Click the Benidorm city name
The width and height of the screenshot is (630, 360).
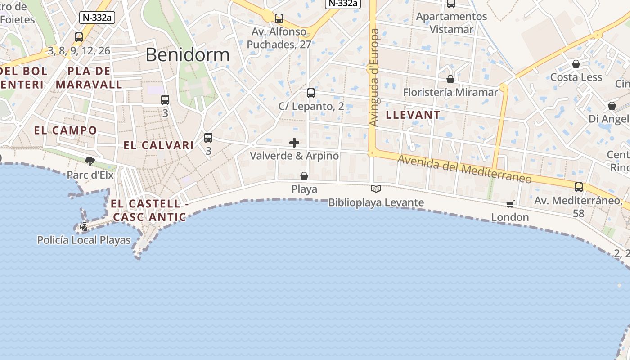[188, 55]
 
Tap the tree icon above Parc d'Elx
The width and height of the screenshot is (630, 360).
[90, 161]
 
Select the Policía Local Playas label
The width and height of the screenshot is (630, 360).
[84, 240]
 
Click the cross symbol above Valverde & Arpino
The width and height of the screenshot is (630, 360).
[294, 143]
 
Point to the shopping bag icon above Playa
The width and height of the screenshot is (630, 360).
[304, 175]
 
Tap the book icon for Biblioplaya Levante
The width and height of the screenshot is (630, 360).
[376, 189]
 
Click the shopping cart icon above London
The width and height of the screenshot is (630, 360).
[510, 204]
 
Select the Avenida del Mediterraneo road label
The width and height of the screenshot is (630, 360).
[464, 169]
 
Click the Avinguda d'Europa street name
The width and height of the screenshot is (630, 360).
[374, 77]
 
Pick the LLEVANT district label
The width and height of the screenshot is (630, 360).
[413, 115]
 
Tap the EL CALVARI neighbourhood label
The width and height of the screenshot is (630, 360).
[159, 145]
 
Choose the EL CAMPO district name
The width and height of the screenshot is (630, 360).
[66, 130]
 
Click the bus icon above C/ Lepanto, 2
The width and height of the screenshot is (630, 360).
[310, 93]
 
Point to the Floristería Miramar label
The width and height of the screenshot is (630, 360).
[450, 92]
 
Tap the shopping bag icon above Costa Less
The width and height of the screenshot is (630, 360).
[576, 64]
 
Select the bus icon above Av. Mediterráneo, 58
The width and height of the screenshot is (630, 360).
[579, 187]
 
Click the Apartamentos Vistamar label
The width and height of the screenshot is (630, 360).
[451, 23]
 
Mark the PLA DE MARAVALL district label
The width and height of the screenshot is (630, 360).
[89, 77]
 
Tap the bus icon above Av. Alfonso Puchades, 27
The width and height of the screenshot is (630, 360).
[279, 18]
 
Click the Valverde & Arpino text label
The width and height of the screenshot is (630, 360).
[294, 156]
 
